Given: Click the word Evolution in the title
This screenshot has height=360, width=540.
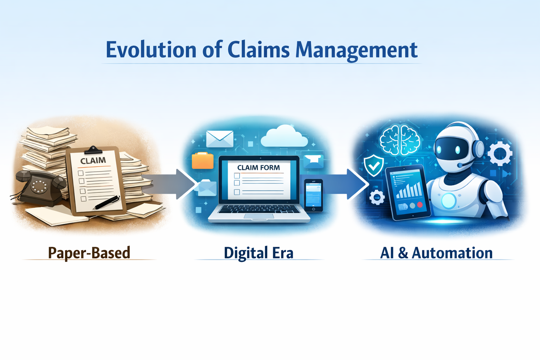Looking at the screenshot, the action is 151,50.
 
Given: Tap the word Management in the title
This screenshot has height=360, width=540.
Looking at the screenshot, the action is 356,51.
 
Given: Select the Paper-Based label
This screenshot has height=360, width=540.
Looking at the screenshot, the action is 89,253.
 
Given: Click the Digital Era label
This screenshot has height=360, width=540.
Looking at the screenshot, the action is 258,253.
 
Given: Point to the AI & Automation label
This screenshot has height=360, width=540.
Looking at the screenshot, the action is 436,253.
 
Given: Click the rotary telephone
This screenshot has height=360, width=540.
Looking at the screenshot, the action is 40,187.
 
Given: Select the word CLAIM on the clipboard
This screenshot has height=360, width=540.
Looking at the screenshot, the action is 93,160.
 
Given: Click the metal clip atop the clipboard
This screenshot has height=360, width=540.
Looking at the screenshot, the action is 93,150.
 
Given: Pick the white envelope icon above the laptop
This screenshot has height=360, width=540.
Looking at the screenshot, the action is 220,139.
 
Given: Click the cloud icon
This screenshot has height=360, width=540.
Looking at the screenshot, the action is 284,136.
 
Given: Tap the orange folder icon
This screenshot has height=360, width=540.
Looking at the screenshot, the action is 202,160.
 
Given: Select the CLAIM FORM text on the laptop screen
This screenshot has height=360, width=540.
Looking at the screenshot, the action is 258,168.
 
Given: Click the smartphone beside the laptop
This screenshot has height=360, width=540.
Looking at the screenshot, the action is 313,195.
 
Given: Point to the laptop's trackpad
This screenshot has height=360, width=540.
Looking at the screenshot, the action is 259,216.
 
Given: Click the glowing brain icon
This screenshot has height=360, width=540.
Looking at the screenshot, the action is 400,140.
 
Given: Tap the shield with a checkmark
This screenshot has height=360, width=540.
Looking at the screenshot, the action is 374,166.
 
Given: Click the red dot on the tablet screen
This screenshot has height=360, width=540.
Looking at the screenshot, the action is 420,205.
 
